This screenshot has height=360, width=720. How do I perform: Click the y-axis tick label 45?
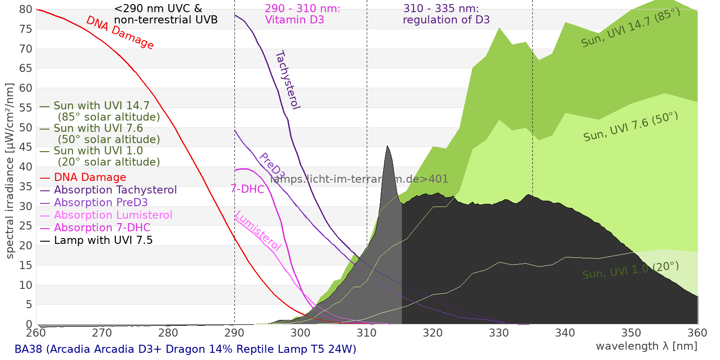click(26, 147)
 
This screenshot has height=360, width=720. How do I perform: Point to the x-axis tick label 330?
click(499, 333)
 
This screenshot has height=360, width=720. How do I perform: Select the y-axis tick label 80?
click(26, 9)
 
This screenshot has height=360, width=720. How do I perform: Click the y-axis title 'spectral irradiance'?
click(10, 171)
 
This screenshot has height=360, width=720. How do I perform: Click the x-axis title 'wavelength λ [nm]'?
click(646, 346)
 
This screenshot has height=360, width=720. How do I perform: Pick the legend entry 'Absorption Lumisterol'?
click(113, 215)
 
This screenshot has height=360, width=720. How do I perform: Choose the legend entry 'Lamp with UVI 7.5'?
click(103, 240)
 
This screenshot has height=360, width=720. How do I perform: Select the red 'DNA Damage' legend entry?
click(90, 177)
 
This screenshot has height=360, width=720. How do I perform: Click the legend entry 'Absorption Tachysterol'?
click(115, 190)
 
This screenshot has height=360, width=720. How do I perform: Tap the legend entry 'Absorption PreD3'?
click(101, 202)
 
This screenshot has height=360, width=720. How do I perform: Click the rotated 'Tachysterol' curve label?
click(288, 80)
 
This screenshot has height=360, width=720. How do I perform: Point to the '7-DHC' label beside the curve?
click(247, 189)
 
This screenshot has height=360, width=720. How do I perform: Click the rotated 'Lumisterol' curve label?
click(258, 230)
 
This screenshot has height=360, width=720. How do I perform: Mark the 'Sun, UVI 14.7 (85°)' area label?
click(630, 27)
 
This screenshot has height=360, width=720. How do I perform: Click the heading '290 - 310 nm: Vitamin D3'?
click(302, 14)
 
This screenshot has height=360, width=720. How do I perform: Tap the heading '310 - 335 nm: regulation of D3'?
click(446, 14)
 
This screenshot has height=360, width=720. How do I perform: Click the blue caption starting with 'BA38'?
click(185, 349)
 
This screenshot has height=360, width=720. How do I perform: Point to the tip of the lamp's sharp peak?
click(387, 146)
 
